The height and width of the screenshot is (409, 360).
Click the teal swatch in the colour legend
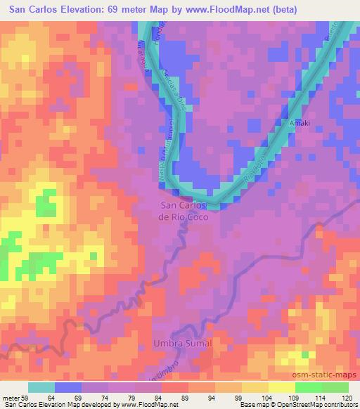point(41,387)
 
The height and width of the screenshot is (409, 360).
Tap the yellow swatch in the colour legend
point(281,387)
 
